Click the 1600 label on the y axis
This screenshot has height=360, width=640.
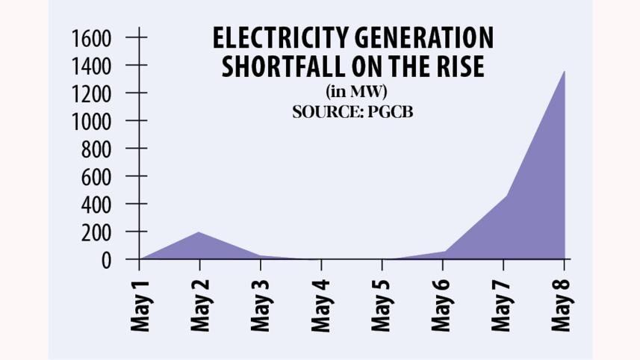91,37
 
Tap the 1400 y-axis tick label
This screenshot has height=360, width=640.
91,66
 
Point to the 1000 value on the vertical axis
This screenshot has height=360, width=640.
91,121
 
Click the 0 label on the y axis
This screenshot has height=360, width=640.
106,260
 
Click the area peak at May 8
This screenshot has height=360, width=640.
564,72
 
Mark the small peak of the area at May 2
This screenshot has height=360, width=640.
199,232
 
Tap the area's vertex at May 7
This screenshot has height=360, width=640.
503,196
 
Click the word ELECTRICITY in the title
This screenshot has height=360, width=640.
270,39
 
